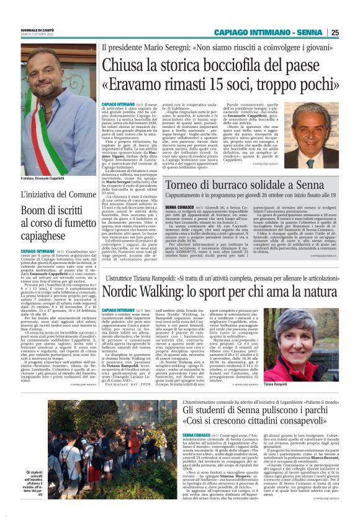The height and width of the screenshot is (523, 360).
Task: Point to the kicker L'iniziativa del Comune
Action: point(50,212)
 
